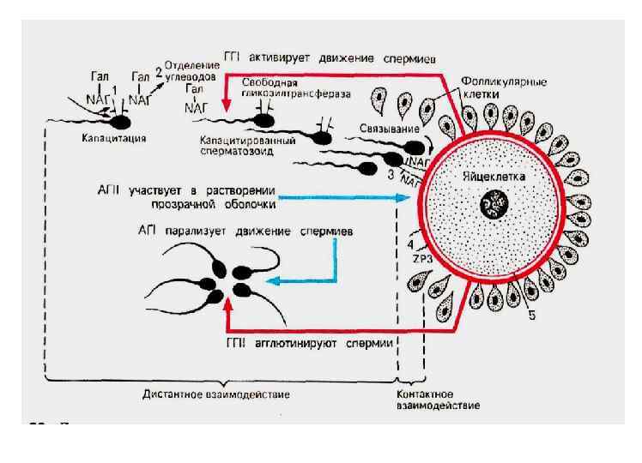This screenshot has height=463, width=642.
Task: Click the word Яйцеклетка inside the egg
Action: [494, 175]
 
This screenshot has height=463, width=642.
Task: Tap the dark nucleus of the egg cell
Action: [494, 205]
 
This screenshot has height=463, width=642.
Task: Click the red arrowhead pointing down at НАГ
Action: [226, 105]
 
